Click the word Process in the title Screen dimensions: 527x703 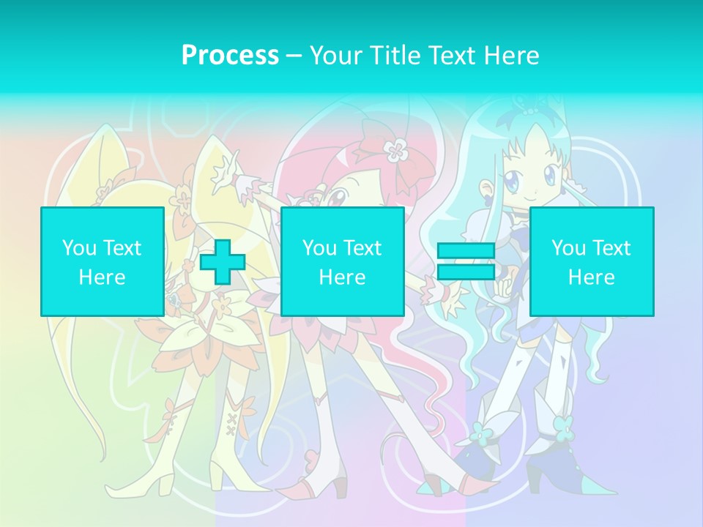tap(230, 55)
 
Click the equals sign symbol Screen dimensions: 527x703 tap(466, 262)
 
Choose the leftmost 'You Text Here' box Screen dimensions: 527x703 tap(102, 261)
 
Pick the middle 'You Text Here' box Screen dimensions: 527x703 tap(342, 261)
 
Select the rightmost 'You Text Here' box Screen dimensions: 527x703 tap(591, 261)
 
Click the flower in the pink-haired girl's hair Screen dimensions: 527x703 tap(395, 151)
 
